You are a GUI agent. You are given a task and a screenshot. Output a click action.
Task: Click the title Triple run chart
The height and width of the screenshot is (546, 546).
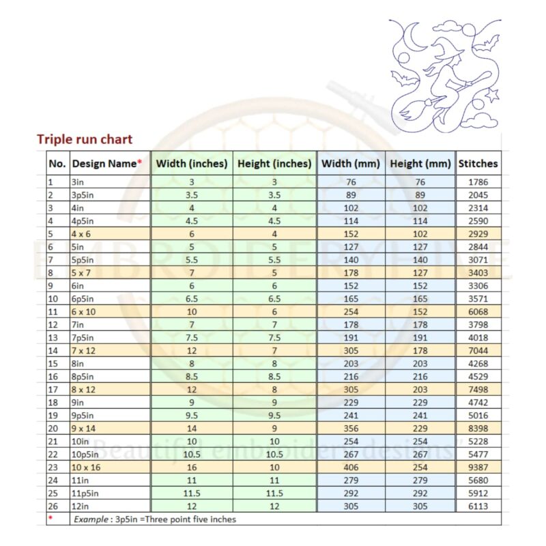(x=85, y=140)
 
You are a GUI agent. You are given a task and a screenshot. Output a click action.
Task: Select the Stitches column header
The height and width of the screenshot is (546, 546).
(x=478, y=164)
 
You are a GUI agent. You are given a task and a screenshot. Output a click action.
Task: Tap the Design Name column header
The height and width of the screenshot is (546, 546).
(x=107, y=164)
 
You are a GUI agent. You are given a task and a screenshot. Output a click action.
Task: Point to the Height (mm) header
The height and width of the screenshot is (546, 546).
(x=420, y=164)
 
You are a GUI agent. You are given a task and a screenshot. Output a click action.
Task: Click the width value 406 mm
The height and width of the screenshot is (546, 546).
(x=351, y=468)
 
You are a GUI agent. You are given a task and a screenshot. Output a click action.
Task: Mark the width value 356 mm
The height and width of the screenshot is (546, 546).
(x=351, y=429)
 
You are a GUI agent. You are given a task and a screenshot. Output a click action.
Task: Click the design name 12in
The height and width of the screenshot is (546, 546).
(x=81, y=506)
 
